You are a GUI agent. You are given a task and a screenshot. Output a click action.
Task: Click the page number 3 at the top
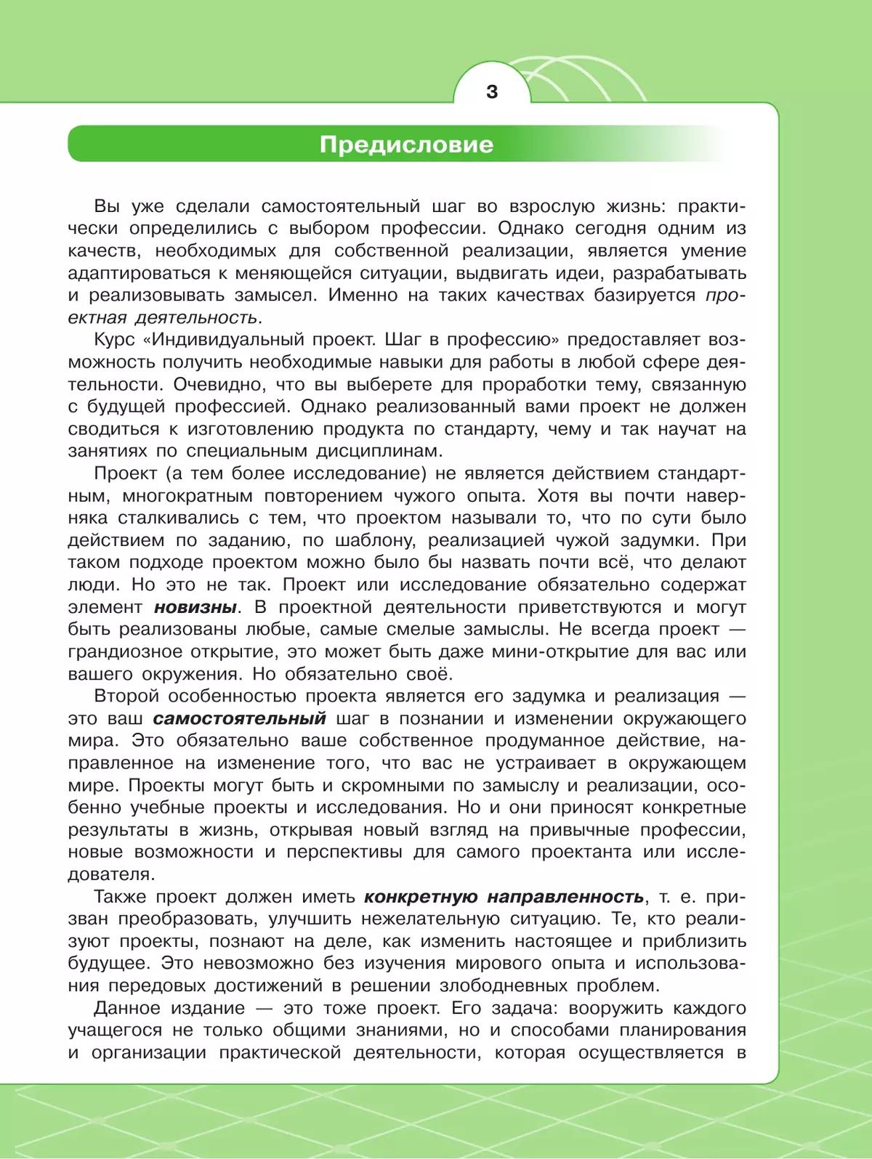[492, 92]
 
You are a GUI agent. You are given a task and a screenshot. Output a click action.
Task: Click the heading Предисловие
[406, 144]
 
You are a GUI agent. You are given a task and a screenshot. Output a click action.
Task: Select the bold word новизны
[195, 607]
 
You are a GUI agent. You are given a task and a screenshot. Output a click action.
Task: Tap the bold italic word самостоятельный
[239, 719]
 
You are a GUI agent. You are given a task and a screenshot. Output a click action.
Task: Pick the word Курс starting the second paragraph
[116, 340]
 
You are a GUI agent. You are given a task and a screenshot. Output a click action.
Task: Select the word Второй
[126, 696]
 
